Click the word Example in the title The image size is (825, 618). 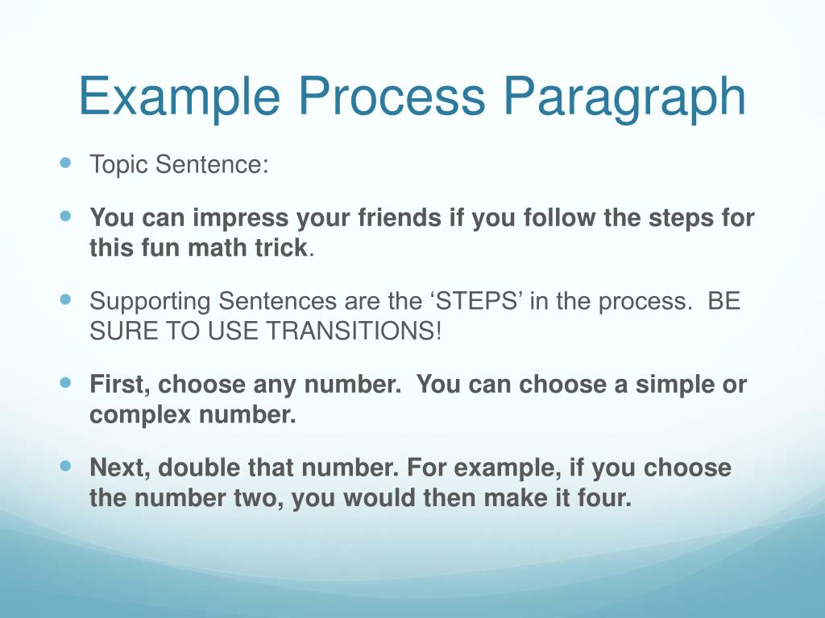pos(180,97)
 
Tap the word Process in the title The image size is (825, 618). pos(392,97)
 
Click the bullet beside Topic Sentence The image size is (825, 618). pos(65,163)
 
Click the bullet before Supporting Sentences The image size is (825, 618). pos(65,299)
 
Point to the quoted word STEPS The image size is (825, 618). pos(476,301)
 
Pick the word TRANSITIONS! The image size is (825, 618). pos(354,331)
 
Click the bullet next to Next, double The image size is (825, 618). pos(65,466)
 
